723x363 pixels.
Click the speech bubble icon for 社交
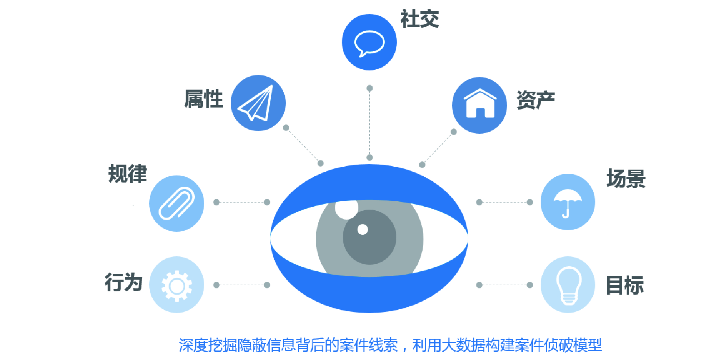click(369, 42)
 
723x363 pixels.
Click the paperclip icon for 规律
click(176, 203)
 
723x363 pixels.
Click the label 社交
click(420, 19)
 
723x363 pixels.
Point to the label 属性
click(204, 99)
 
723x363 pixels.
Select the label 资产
click(536, 100)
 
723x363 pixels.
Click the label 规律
click(128, 174)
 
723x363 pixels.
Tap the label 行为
click(123, 283)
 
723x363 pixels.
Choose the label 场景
click(626, 179)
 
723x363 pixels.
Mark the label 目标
click(625, 285)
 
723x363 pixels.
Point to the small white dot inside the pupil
click(363, 230)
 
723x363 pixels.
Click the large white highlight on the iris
click(346, 209)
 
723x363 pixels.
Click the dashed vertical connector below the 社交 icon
click(370, 123)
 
